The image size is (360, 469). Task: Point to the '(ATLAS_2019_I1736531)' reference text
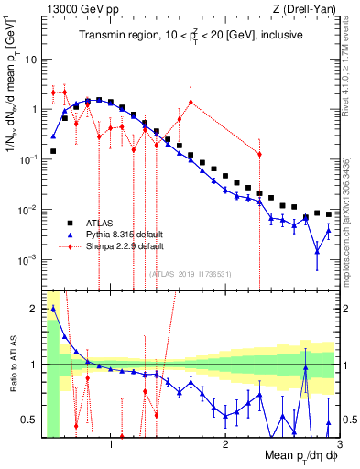pyautogui.click(x=191, y=274)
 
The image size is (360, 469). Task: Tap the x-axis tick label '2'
pyautogui.click(x=225, y=444)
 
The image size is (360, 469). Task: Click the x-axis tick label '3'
pyautogui.click(x=339, y=444)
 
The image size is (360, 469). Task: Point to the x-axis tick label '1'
pyautogui.click(x=111, y=444)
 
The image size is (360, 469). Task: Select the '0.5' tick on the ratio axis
pyautogui.click(x=29, y=420)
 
